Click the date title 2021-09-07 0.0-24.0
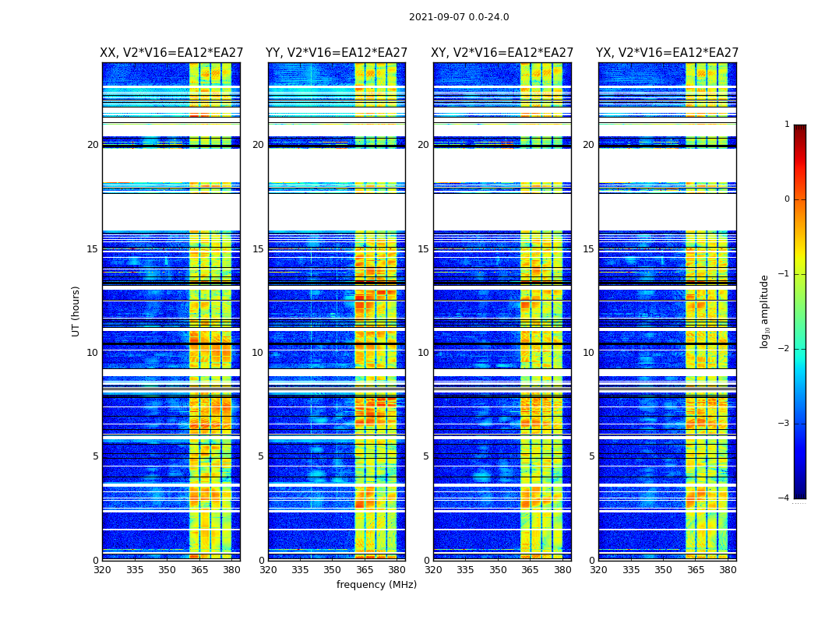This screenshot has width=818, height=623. pos(459,17)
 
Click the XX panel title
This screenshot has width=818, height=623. pos(171,53)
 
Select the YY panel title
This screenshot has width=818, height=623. pos(337,53)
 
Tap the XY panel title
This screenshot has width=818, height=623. pos(502,53)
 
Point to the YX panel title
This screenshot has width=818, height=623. pos(668,53)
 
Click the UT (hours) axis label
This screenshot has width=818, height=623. pos(76,311)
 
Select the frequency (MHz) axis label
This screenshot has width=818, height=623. pos(376,585)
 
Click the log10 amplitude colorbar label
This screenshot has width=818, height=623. pos(765,311)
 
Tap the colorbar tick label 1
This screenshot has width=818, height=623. pos(787,125)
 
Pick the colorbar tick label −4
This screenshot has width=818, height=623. pos(785,498)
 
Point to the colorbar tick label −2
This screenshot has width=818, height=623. pos(785,349)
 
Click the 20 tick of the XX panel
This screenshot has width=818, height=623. pos(93,145)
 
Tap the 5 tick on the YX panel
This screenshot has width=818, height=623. pos(592,456)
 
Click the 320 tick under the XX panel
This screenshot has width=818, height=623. pos(102,570)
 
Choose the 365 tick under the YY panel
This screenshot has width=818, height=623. pos(365,570)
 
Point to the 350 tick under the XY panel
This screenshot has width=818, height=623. pos(498,570)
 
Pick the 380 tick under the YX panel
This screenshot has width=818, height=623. pos(728,570)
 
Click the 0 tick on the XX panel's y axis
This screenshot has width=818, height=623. pos(96,561)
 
